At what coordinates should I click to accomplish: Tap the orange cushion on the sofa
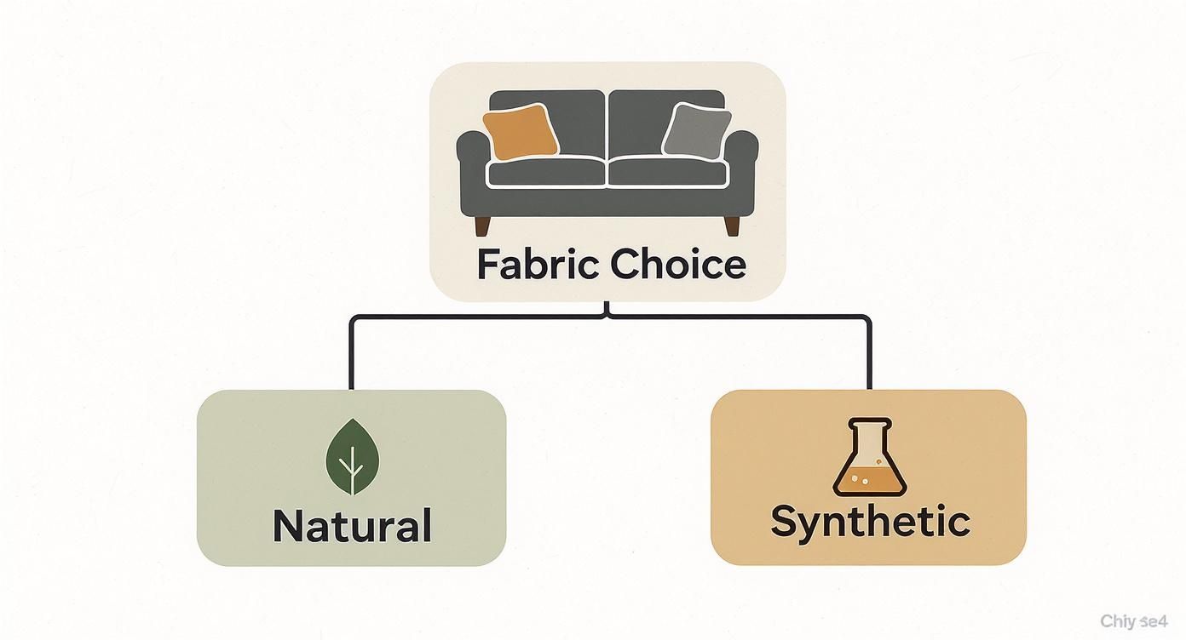(520, 132)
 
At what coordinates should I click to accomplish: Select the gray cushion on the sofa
(696, 129)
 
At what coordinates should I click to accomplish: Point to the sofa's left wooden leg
(482, 225)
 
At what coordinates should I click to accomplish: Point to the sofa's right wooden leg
(731, 225)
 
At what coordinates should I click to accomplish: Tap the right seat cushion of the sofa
(668, 173)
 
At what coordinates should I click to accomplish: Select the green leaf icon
(351, 457)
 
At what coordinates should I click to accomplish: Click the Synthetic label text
(869, 521)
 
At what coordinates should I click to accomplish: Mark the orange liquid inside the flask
(869, 481)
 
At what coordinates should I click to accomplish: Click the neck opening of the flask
(869, 423)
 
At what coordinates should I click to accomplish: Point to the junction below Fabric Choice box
(607, 315)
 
